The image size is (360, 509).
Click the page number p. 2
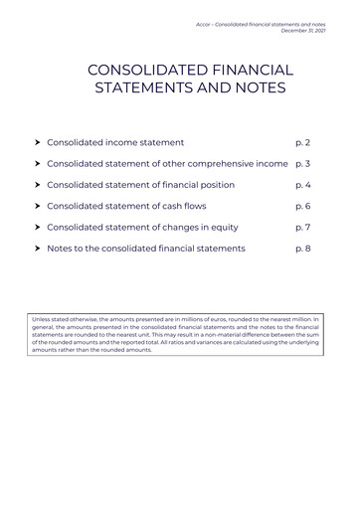click(x=302, y=142)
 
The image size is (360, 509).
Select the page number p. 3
click(x=302, y=163)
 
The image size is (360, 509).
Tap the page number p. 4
click(x=302, y=185)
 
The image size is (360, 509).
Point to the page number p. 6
click(x=302, y=206)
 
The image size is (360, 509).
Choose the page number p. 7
click(x=302, y=227)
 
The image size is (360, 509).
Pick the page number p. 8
click(x=302, y=248)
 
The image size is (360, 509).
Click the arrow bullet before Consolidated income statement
click(x=37, y=142)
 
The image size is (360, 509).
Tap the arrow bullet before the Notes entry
click(x=37, y=248)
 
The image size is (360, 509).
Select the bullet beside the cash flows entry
click(x=37, y=206)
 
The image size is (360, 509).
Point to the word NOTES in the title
click(x=253, y=88)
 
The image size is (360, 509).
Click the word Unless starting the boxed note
click(x=42, y=319)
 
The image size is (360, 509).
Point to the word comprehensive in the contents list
click(x=219, y=163)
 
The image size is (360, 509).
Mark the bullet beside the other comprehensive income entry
click(x=37, y=163)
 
